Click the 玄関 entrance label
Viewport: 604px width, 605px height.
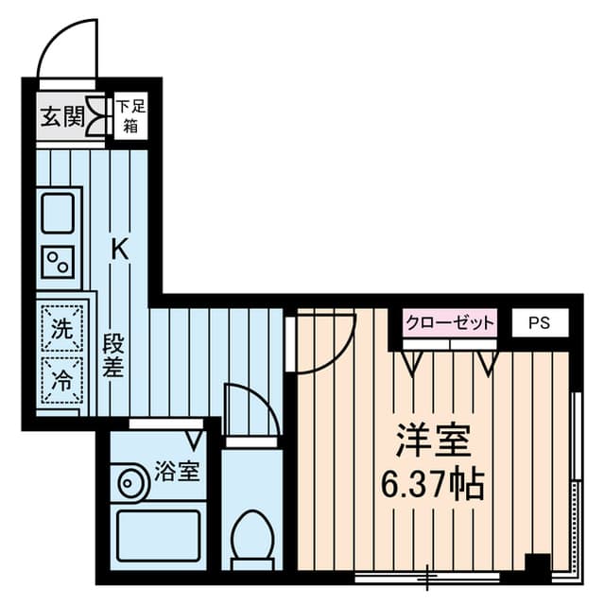62,116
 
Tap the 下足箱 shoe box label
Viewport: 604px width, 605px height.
131,115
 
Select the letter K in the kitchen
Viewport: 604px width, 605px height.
120,249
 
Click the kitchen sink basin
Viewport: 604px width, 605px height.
58,214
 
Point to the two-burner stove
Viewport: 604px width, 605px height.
58,262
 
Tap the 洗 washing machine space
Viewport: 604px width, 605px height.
62,328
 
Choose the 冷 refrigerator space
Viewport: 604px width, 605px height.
62,380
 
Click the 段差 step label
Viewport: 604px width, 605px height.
113,355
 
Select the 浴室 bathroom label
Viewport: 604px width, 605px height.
177,471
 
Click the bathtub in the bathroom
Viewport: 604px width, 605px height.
158,535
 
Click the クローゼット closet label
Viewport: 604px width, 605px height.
450,322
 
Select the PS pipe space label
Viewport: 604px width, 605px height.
539,322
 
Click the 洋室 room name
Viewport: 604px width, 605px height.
434,440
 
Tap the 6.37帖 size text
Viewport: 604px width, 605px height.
432,484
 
